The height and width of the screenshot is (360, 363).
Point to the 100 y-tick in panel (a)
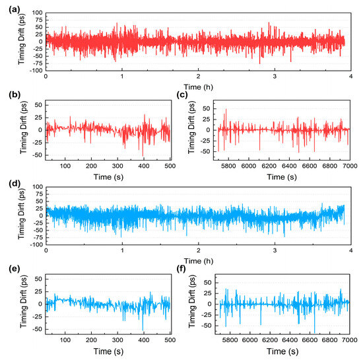point(37,13)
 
